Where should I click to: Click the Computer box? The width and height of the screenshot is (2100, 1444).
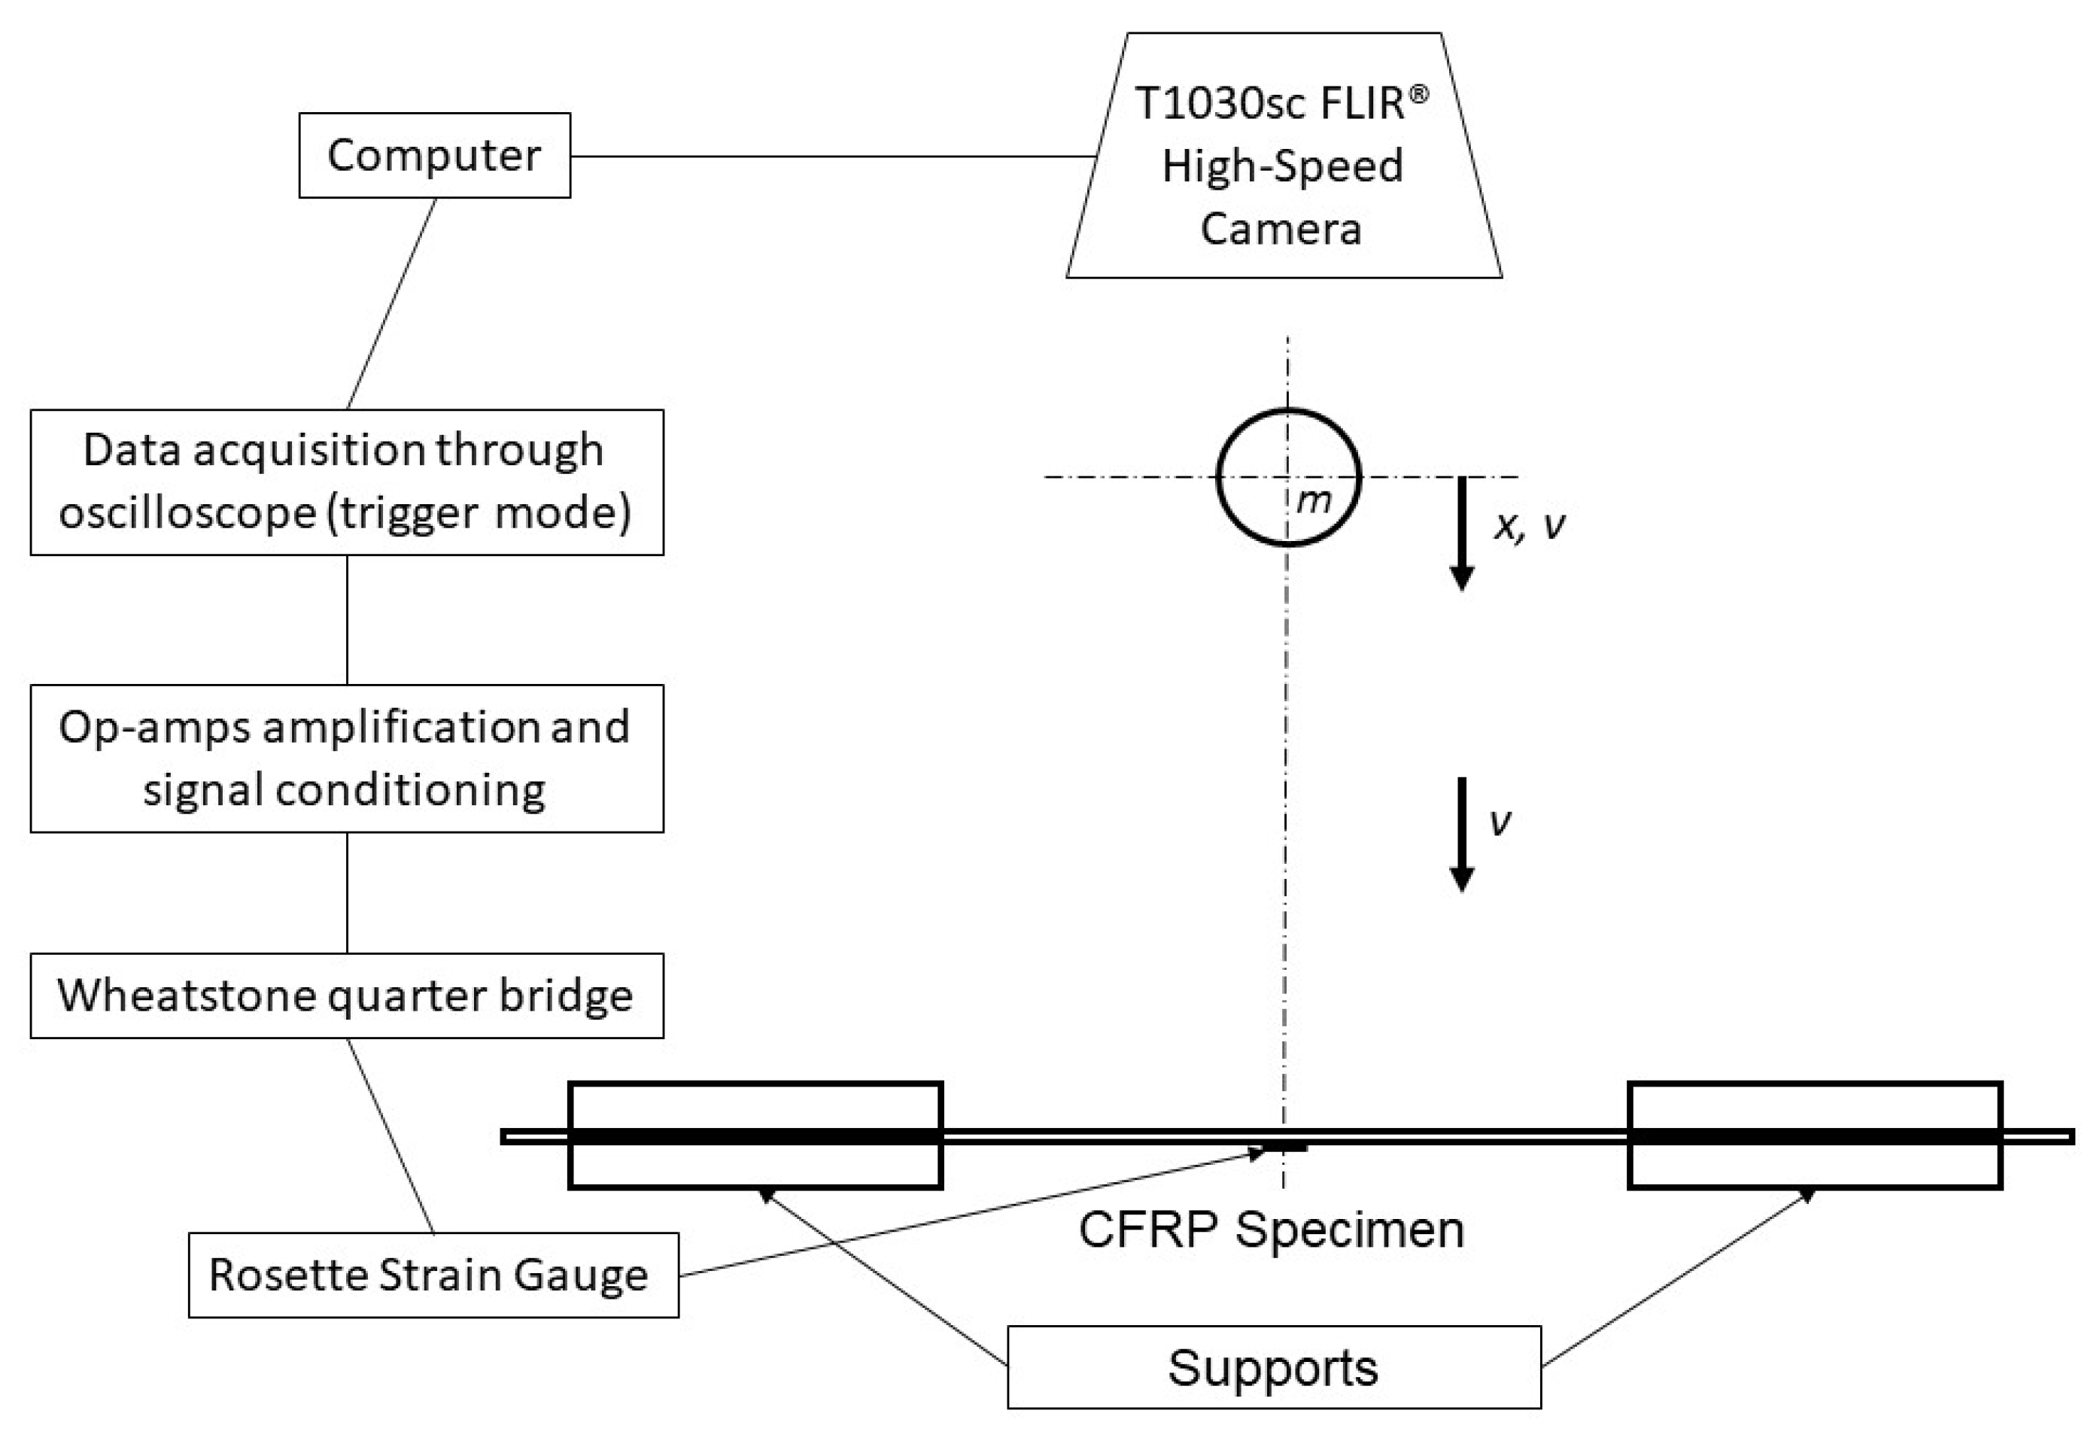(434, 155)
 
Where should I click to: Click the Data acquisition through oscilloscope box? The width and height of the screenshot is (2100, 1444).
(347, 482)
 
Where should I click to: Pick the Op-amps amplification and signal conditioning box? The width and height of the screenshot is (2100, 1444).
(347, 758)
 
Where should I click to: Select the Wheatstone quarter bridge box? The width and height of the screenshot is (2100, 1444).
(347, 996)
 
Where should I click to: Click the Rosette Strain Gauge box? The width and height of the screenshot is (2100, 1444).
(433, 1275)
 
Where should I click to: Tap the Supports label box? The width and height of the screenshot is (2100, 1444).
(1273, 1367)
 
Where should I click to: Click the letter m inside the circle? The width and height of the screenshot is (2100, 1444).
(1313, 500)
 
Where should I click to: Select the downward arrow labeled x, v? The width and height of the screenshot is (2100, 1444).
(1462, 534)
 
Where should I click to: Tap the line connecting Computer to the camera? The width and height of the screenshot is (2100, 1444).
(832, 156)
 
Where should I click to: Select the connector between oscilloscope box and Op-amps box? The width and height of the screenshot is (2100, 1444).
(347, 620)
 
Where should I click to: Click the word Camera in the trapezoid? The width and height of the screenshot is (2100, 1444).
(1281, 228)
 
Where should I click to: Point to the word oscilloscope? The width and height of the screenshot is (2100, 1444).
(187, 513)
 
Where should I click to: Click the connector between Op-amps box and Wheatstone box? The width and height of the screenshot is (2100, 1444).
(347, 892)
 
